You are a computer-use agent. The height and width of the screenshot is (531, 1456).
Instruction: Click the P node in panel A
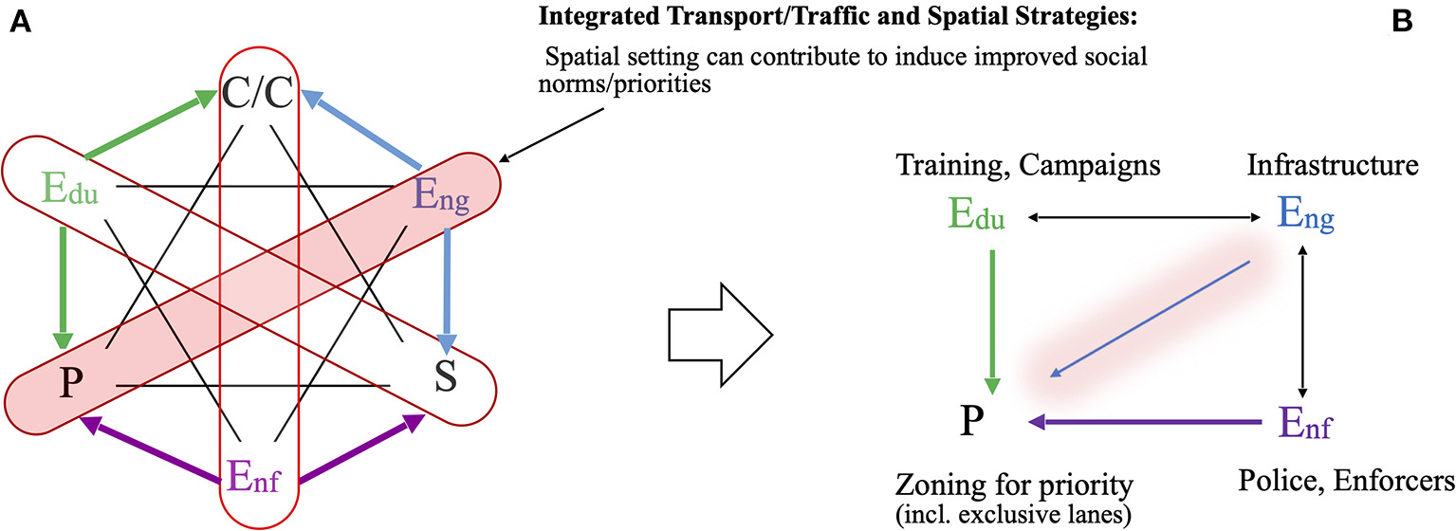click(x=66, y=383)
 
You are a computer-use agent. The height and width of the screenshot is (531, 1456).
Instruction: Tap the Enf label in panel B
click(x=1303, y=421)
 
